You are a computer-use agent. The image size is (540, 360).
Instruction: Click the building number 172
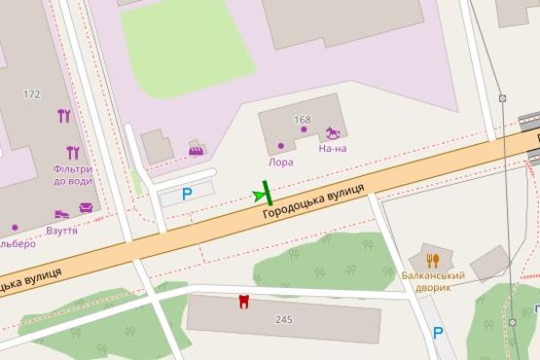coord(32,94)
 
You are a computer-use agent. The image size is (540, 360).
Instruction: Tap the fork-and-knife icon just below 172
coord(64,116)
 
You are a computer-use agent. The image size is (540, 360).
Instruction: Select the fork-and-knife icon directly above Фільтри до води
coord(72,152)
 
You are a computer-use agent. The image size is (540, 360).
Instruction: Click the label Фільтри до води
coord(73,175)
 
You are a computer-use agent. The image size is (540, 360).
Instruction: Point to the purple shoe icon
coord(62,213)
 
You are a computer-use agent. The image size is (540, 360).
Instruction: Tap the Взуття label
coord(61,232)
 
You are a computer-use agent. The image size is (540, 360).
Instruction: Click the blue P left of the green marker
coord(187,194)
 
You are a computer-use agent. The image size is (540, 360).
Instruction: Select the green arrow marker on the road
coord(262,195)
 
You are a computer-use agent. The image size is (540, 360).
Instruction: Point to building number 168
coord(302,121)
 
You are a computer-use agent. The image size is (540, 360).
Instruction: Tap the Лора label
coord(281,162)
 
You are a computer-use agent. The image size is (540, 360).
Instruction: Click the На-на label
coord(333,149)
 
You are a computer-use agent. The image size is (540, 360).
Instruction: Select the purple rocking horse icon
coord(335,129)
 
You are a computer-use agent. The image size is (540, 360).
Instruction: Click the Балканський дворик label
coord(433,282)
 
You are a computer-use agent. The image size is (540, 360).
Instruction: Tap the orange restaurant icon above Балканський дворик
coord(433,260)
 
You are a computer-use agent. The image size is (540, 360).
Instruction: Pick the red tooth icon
coord(243,302)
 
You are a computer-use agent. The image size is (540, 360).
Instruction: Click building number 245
coord(284,320)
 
